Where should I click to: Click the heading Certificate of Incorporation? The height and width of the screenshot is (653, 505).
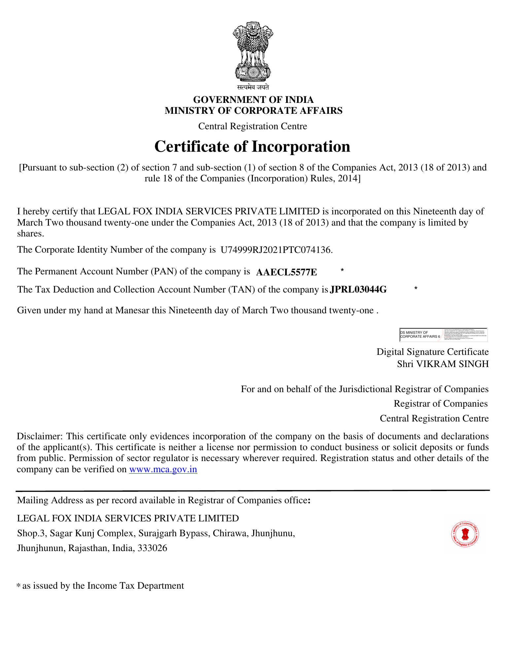(252, 146)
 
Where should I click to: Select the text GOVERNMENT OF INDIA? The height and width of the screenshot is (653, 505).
(253, 100)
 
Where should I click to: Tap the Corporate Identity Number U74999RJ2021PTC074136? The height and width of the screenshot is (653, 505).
(276, 250)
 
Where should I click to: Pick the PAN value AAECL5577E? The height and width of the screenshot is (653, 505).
(286, 272)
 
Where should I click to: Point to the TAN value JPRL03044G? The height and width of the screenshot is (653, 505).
(358, 290)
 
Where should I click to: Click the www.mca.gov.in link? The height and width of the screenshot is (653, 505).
(163, 469)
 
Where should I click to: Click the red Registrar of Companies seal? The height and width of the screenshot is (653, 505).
(465, 534)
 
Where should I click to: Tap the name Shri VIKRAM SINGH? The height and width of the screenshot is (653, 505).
(443, 364)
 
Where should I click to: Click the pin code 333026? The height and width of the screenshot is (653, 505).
(152, 548)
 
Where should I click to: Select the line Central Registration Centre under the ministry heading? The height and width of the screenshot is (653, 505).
(252, 126)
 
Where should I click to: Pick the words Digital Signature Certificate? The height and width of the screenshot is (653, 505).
(432, 352)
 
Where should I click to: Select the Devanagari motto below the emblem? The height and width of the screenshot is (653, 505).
(253, 87)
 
